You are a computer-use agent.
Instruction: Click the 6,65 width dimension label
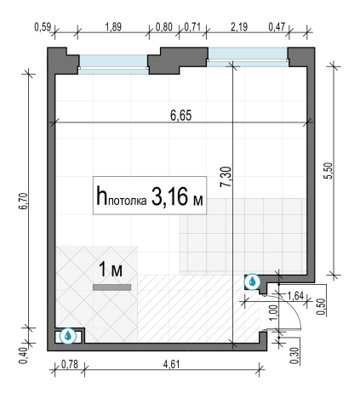[x=181, y=116]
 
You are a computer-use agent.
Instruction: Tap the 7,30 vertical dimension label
[x=226, y=177]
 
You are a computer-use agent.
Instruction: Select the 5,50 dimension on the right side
[x=329, y=171]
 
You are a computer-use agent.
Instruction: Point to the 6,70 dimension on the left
[x=23, y=201]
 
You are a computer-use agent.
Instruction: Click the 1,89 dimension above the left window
[x=113, y=27]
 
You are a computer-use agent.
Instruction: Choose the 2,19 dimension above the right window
[x=239, y=27]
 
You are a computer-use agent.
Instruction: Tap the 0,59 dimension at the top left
[x=43, y=27]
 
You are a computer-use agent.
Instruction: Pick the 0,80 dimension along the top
[x=164, y=27]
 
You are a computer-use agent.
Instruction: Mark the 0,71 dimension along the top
[x=192, y=27]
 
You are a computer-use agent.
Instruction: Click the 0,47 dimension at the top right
[x=277, y=27]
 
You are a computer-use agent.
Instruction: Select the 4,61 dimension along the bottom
[x=171, y=364]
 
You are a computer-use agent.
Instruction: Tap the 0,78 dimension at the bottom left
[x=70, y=364]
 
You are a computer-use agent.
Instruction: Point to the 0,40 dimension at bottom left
[x=23, y=355]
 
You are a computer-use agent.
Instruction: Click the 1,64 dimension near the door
[x=295, y=296]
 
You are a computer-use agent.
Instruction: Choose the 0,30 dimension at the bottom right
[x=295, y=355]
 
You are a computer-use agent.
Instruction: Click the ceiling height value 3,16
[x=169, y=196]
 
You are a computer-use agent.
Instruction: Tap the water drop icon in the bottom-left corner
[x=68, y=336]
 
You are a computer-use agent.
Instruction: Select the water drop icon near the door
[x=252, y=281]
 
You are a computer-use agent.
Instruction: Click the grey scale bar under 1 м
[x=112, y=287]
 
